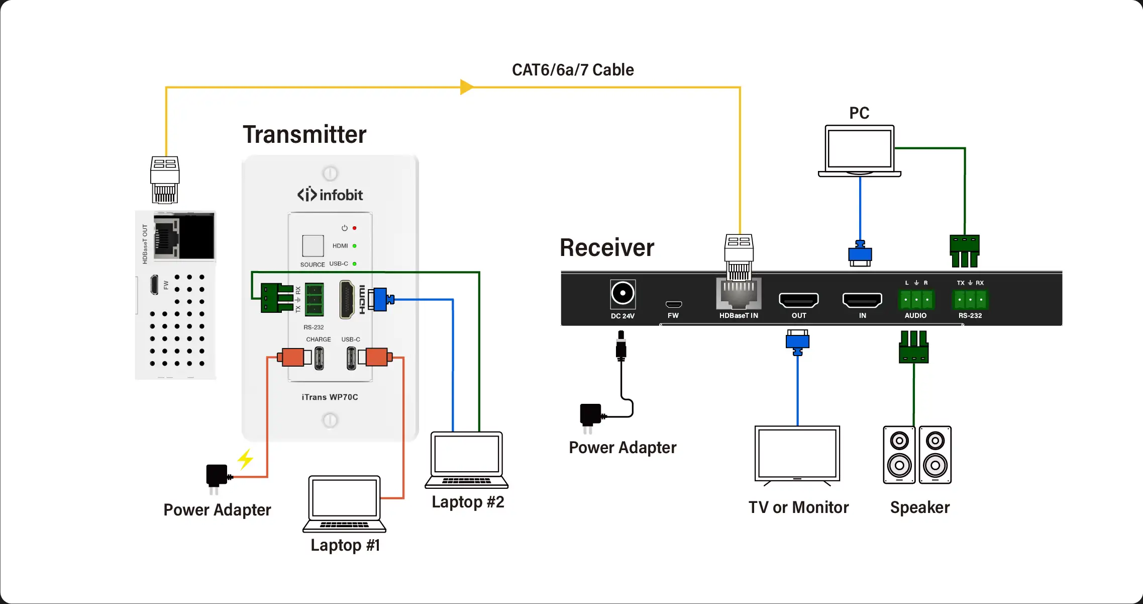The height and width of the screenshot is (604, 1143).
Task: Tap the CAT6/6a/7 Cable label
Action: click(x=573, y=70)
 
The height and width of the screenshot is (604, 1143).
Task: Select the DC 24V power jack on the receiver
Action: click(x=622, y=294)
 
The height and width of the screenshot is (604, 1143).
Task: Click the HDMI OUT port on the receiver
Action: click(x=798, y=300)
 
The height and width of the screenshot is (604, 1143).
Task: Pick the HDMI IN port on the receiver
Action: click(x=862, y=300)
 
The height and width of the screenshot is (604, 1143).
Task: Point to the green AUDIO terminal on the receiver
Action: click(x=916, y=300)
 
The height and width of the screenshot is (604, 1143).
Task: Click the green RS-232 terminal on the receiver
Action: click(x=970, y=300)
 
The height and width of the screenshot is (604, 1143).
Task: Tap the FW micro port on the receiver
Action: click(x=673, y=304)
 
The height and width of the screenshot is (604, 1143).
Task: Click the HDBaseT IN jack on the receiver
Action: click(x=739, y=294)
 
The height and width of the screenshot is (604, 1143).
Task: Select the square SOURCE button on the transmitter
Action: click(x=313, y=245)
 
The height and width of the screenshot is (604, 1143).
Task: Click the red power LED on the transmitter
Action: click(x=355, y=228)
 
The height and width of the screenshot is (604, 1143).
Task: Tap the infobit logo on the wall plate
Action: click(x=330, y=195)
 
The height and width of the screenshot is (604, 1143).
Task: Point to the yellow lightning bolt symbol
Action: click(x=246, y=459)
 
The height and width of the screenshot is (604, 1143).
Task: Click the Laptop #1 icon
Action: click(x=345, y=503)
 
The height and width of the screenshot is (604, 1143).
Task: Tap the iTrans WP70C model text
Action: click(x=330, y=397)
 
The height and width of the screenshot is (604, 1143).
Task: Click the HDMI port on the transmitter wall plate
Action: click(x=347, y=300)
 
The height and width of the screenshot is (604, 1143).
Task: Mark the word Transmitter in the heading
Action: click(x=304, y=135)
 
